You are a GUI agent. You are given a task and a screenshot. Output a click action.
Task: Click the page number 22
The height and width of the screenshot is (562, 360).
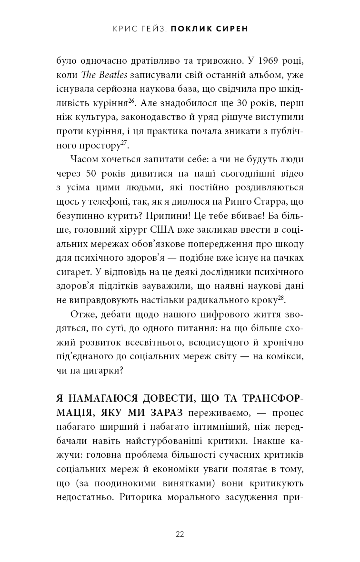click(180, 534)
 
